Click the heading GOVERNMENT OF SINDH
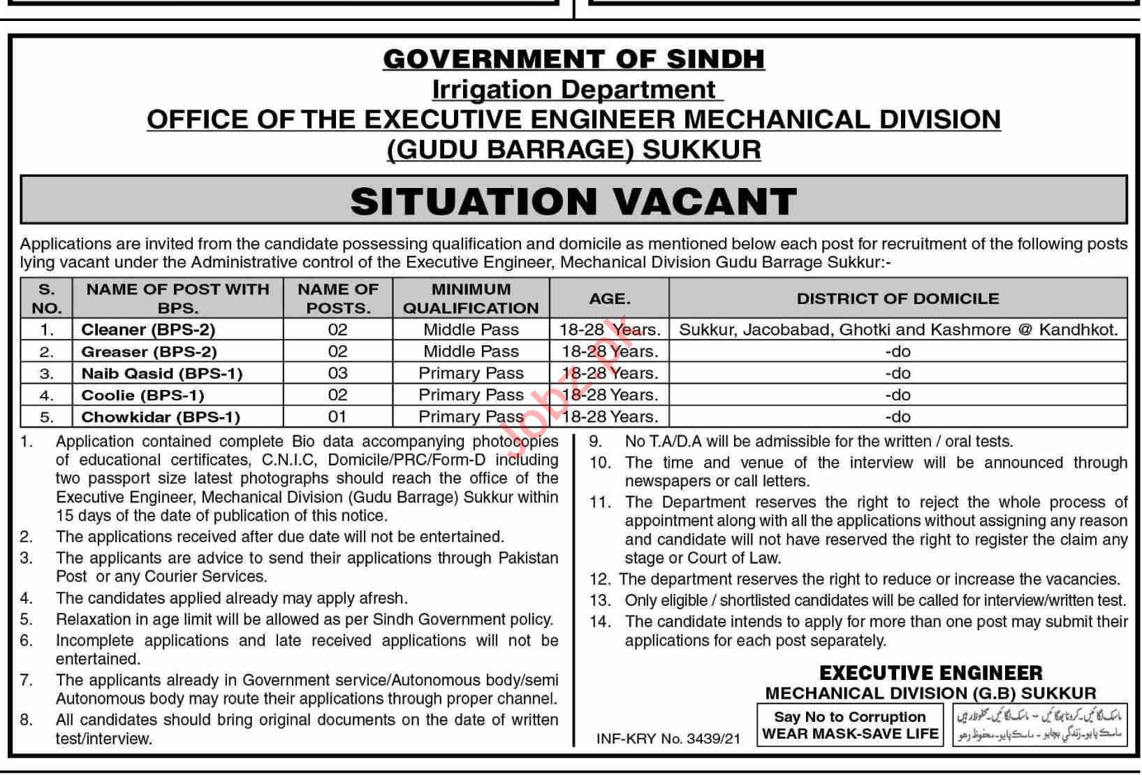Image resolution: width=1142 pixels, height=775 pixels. click(573, 59)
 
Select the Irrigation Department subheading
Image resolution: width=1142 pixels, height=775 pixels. click(573, 90)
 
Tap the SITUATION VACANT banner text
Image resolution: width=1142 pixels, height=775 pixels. click(573, 201)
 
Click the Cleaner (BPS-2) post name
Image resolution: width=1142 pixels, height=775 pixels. click(148, 329)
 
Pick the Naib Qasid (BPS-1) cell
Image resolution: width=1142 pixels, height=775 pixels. click(162, 373)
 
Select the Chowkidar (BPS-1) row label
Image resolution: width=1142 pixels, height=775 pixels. click(161, 417)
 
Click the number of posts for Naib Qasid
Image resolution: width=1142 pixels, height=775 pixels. click(337, 373)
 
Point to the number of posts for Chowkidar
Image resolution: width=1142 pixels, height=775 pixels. click(337, 417)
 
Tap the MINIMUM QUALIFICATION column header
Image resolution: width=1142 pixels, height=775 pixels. click(471, 298)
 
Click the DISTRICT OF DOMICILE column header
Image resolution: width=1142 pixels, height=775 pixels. click(898, 298)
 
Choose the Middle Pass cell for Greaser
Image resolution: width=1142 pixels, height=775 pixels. click(471, 352)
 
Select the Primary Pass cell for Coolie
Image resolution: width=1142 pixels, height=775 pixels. click(471, 395)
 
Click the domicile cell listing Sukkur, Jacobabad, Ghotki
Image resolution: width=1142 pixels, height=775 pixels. click(898, 329)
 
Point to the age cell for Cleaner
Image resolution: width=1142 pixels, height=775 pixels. click(609, 329)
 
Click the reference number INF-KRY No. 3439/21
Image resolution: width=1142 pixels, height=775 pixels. click(668, 739)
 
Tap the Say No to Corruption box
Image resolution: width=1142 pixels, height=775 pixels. click(850, 725)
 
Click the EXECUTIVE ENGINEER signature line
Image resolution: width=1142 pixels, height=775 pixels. click(930, 673)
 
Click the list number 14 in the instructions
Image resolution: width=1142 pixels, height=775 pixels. click(599, 621)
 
